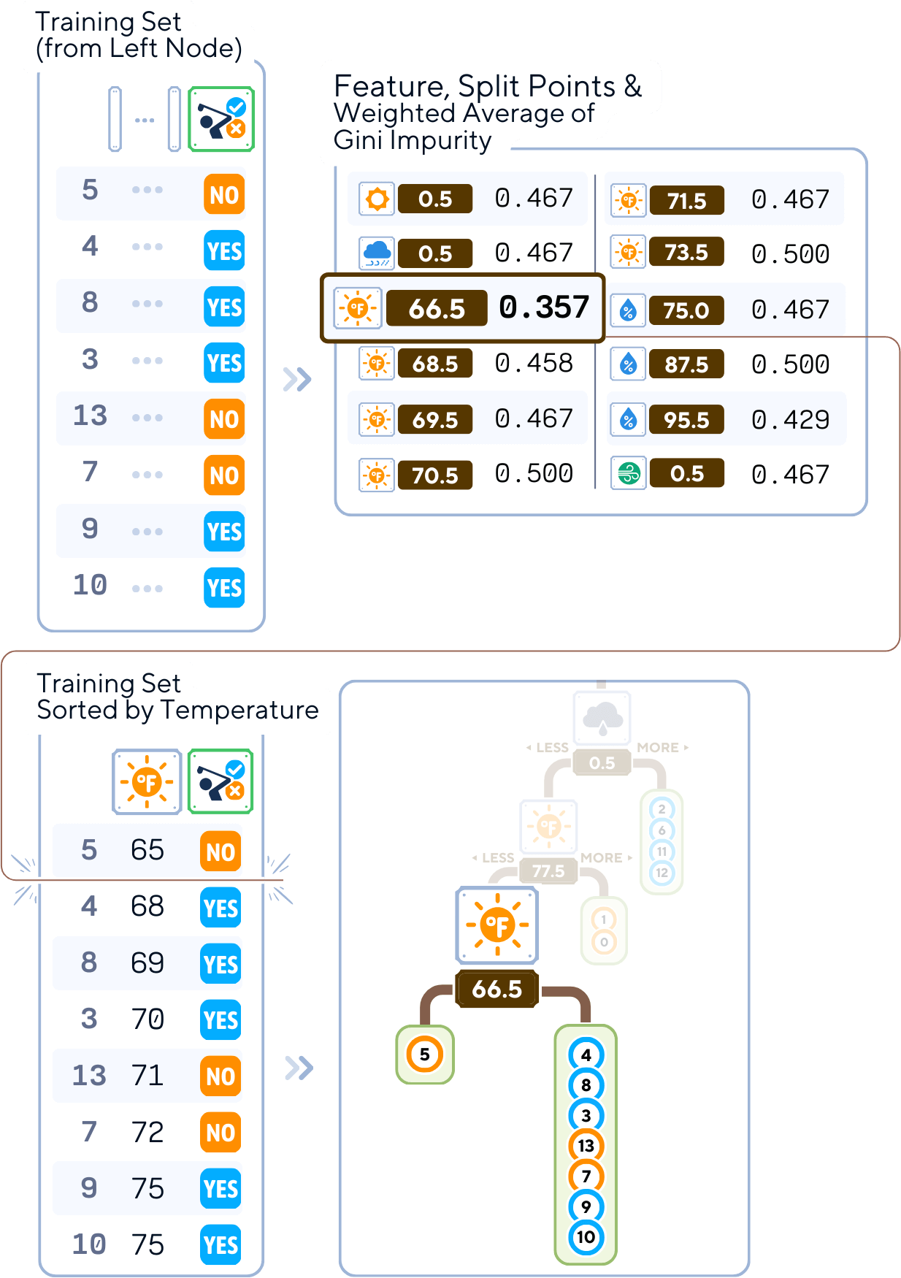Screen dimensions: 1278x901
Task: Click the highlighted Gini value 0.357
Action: [x=544, y=307]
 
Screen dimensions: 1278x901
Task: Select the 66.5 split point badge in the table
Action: [x=437, y=308]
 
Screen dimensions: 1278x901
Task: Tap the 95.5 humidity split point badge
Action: [x=686, y=420]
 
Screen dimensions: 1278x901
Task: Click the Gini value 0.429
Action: [x=790, y=420]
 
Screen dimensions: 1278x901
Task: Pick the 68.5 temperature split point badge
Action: [x=435, y=364]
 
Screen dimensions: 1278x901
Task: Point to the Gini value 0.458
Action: [x=534, y=364]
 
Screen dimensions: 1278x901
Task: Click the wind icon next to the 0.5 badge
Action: [x=628, y=474]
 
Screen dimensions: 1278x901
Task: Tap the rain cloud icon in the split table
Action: [x=377, y=253]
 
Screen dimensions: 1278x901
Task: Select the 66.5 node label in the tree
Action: [x=496, y=989]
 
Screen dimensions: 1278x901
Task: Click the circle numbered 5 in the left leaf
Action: [x=425, y=1055]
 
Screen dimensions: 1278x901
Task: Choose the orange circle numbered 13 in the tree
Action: [x=586, y=1145]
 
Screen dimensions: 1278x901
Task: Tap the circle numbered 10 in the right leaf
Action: [x=586, y=1237]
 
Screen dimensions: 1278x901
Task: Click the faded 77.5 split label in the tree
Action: [x=548, y=871]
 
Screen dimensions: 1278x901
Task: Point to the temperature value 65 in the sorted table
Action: [x=147, y=850]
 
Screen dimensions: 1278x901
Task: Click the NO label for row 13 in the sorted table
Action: [x=221, y=1076]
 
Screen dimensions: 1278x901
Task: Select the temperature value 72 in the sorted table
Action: [x=147, y=1133]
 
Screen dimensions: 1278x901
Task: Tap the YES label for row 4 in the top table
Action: [x=224, y=251]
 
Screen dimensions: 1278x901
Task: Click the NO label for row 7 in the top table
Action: [x=224, y=475]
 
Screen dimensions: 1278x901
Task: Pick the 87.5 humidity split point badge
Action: [x=686, y=364]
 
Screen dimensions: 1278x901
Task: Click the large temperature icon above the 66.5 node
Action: [x=497, y=925]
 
